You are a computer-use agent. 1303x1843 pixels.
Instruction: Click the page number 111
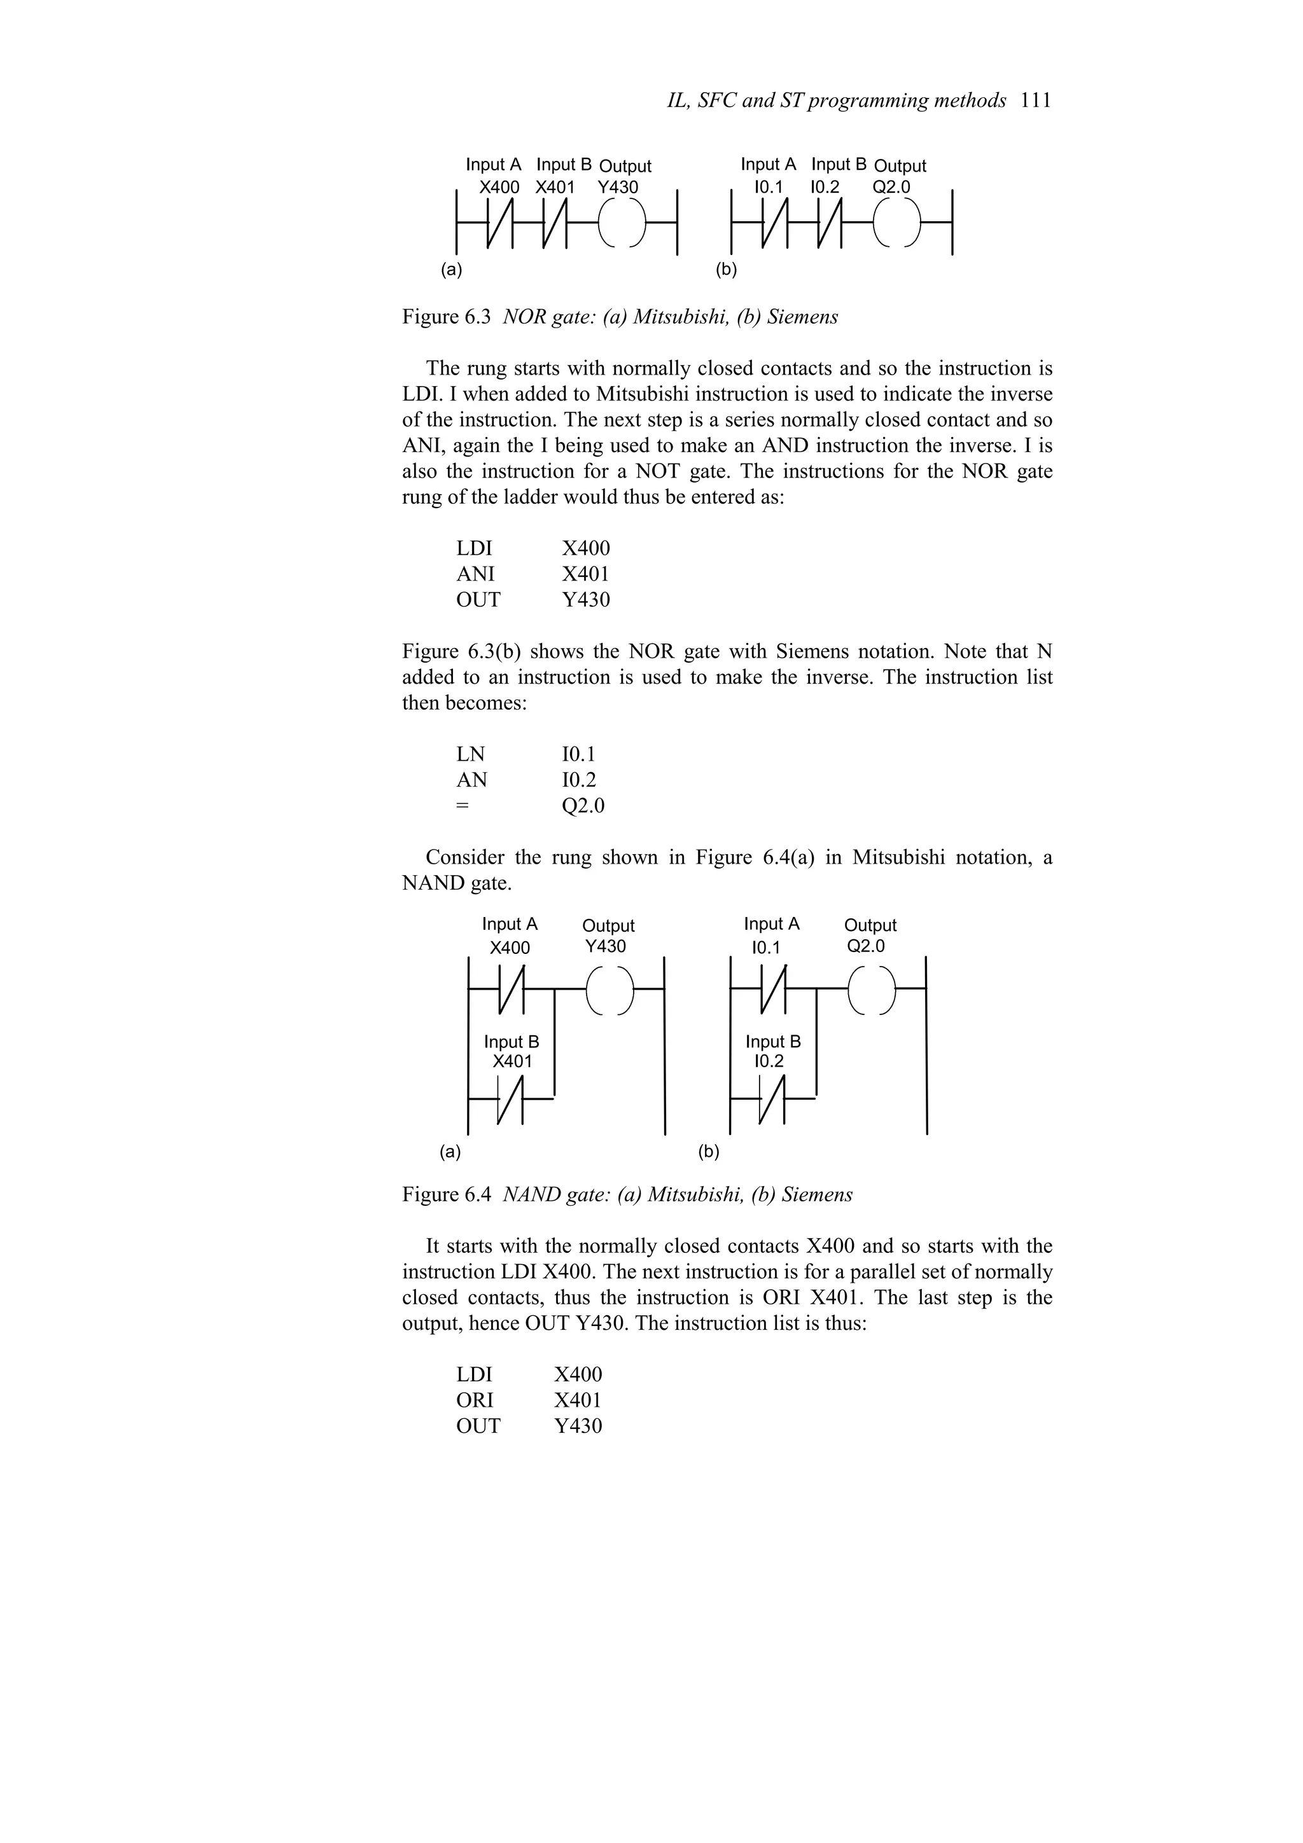(x=1036, y=101)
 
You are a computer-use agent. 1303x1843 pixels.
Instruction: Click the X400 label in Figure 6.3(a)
(x=499, y=188)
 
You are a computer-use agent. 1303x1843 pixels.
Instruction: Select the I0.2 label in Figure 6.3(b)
(x=825, y=188)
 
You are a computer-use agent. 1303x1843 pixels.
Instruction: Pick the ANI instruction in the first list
(x=475, y=574)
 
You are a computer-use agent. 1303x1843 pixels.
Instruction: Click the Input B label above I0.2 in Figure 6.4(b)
(x=773, y=1042)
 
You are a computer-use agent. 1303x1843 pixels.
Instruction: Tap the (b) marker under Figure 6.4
(x=709, y=1153)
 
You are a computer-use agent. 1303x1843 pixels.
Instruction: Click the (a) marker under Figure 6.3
(x=452, y=270)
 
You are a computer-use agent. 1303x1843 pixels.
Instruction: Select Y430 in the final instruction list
(x=578, y=1426)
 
